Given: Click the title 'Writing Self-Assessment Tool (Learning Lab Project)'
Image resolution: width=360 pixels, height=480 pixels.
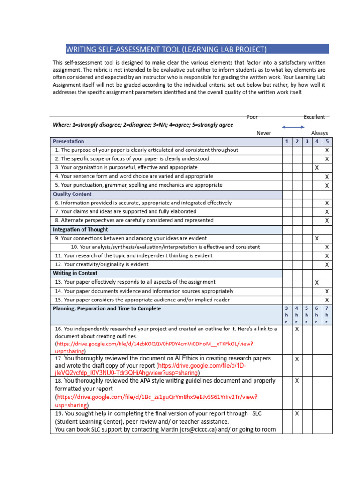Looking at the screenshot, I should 166,49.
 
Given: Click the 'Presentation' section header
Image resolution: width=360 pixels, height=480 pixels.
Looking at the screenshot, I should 68,141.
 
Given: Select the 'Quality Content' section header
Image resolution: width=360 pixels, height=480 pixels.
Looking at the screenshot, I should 72,194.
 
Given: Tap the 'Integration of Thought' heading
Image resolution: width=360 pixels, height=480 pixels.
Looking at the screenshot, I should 80,230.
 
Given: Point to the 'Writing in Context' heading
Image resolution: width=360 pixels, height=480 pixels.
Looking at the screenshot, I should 75,273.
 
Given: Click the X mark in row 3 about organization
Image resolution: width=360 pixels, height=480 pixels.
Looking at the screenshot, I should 317,168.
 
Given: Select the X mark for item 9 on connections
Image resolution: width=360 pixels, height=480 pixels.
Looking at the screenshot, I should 317,239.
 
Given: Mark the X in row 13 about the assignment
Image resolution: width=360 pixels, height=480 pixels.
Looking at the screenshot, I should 317,283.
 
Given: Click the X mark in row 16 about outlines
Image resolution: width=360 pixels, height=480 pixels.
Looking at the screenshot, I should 297,330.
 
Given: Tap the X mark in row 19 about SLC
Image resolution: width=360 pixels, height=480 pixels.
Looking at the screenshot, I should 297,413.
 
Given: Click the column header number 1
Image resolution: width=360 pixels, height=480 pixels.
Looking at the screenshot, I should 286,141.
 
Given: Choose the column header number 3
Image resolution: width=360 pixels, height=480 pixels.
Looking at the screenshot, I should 307,141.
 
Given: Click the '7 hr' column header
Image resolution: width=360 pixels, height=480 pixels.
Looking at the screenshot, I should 327,315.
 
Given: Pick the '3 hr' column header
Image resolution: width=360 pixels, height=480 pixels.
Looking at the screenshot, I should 286,315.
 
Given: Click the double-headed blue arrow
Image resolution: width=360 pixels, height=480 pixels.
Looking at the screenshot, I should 293,127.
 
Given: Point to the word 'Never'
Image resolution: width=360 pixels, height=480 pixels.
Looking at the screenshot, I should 264,133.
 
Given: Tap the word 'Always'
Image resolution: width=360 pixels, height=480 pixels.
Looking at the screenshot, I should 319,133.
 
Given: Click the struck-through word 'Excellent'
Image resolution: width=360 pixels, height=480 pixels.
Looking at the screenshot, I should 314,117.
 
